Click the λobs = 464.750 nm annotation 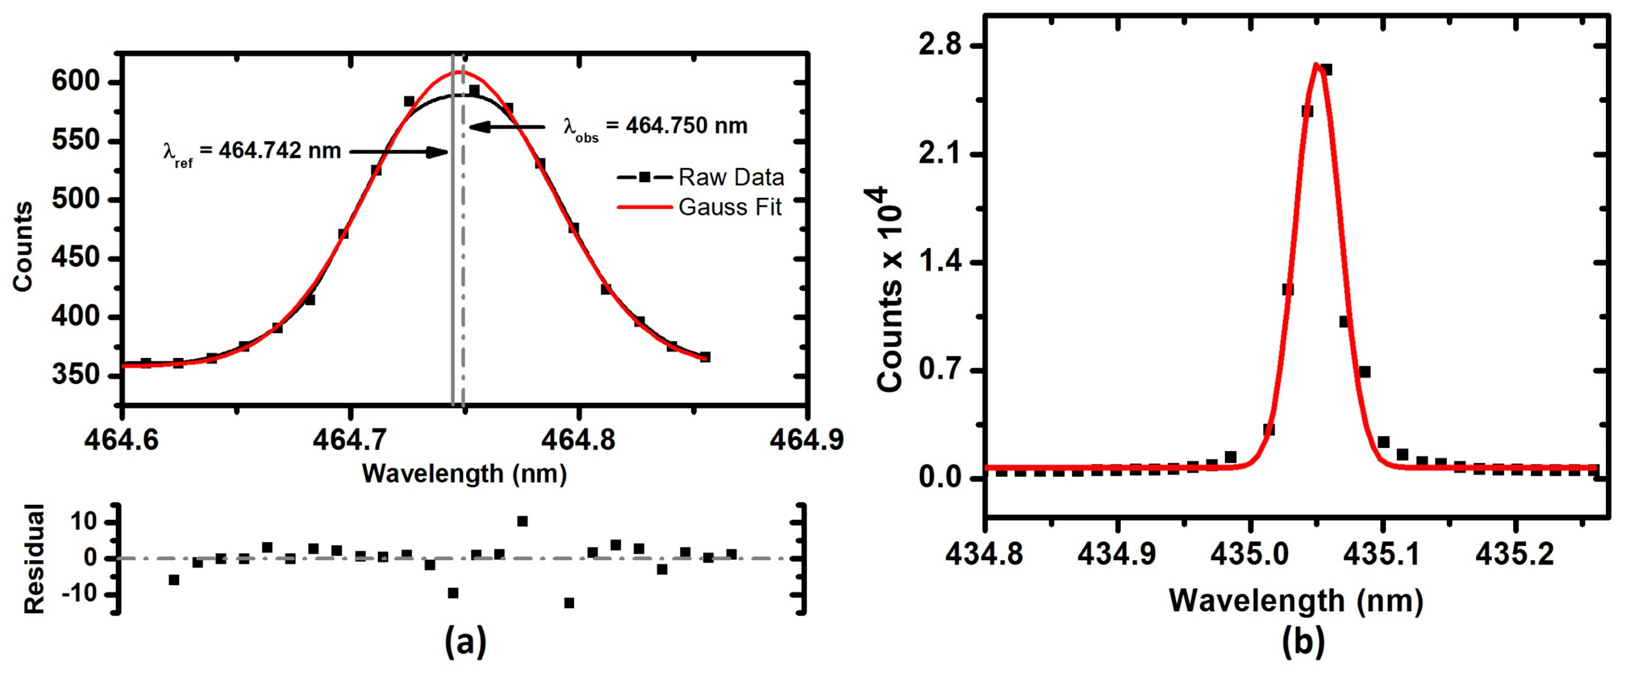[655, 127]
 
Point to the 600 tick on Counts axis [76, 83]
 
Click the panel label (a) [465, 642]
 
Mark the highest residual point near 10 [522, 521]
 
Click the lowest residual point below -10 [569, 603]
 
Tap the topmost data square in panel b [1326, 70]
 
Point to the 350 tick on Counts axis [76, 375]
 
